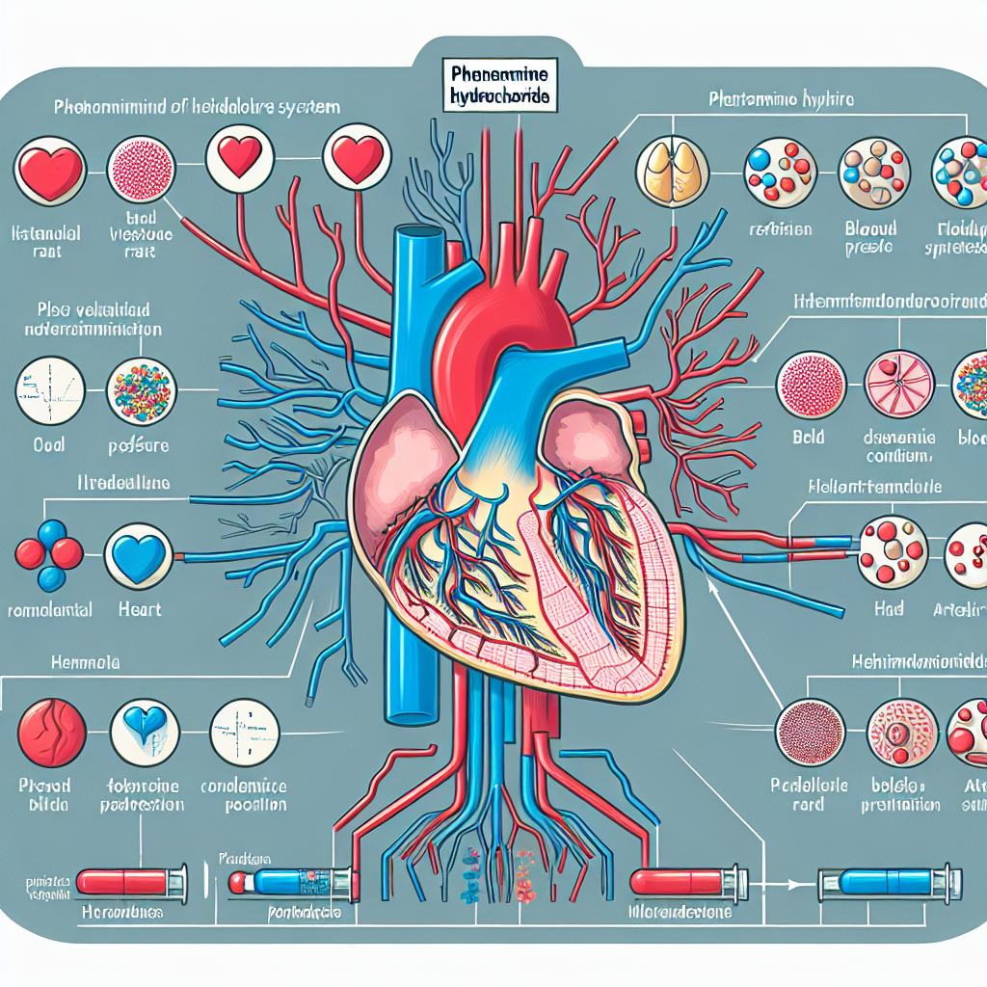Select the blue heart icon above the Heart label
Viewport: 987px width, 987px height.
(x=140, y=556)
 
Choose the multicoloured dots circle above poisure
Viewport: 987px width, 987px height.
(x=142, y=392)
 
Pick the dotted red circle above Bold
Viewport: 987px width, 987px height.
(x=810, y=384)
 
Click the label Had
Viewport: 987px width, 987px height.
(x=890, y=609)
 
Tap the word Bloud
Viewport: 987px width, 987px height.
(x=871, y=228)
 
